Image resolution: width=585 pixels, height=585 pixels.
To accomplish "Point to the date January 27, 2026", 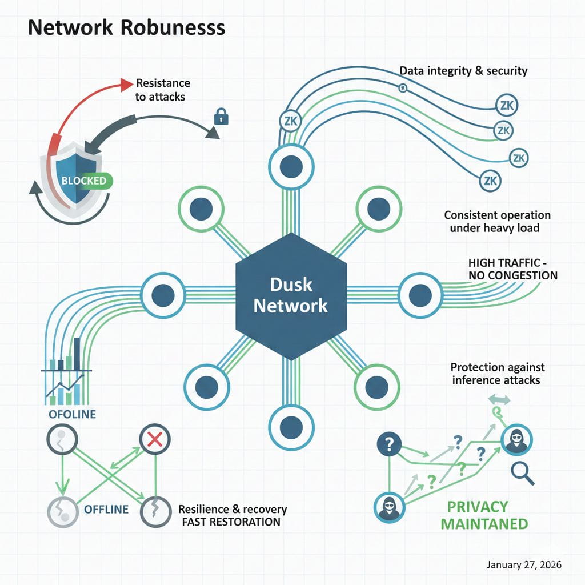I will pos(524,564).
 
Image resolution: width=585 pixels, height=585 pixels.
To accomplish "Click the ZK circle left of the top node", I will pos(289,121).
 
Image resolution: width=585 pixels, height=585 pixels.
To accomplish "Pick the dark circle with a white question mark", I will pos(390,443).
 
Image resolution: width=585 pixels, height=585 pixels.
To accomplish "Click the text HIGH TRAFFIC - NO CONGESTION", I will pos(512,269).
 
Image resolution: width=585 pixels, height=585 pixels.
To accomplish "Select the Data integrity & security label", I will pos(463,71).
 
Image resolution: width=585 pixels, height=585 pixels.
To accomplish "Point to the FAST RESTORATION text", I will pos(230,522).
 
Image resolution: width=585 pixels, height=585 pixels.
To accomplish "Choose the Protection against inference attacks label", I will pos(497,374).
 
